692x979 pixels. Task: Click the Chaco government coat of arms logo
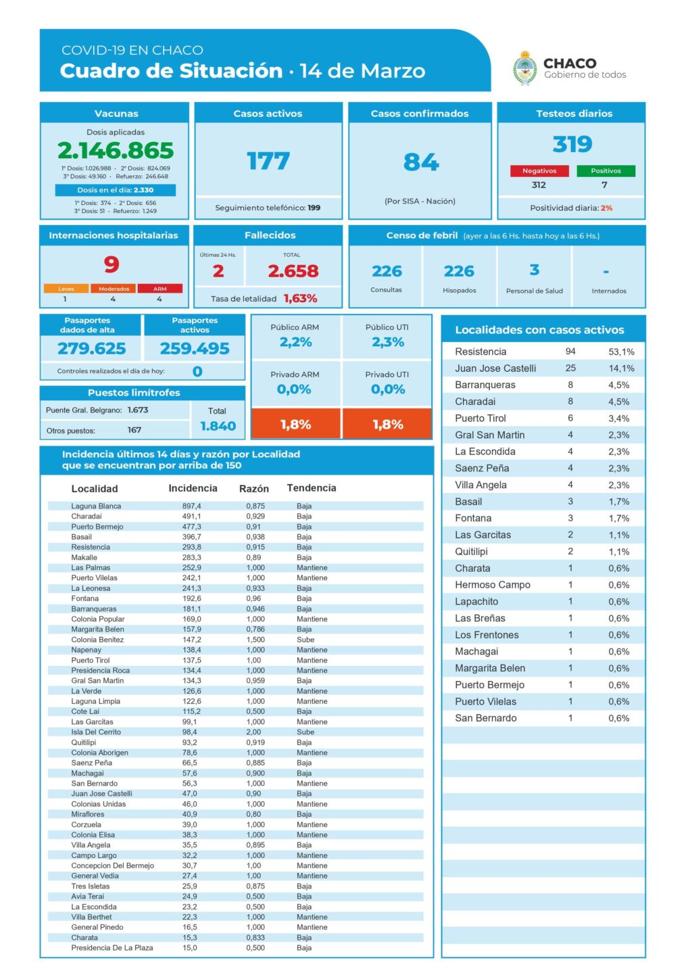[524, 68]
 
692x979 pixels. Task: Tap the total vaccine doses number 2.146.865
[116, 150]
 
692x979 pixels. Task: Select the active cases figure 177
[268, 161]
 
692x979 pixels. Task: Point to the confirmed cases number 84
[421, 162]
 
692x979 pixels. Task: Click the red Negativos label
[539, 171]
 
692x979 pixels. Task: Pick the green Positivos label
[605, 171]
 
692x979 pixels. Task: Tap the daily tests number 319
[572, 144]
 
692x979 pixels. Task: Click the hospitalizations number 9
[112, 264]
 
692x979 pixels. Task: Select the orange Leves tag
[66, 289]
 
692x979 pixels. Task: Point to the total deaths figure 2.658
[293, 271]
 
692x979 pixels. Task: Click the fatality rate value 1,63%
[300, 298]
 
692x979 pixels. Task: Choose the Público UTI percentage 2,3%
[388, 342]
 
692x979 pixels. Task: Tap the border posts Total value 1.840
[218, 426]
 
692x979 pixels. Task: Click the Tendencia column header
[311, 488]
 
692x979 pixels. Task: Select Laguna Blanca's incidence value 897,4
[191, 506]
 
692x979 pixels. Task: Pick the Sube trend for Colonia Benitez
[305, 640]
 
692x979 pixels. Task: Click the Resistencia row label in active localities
[480, 352]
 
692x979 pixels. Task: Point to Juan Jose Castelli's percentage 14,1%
[621, 368]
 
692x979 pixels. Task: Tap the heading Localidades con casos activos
[539, 330]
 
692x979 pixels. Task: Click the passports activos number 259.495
[195, 348]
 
